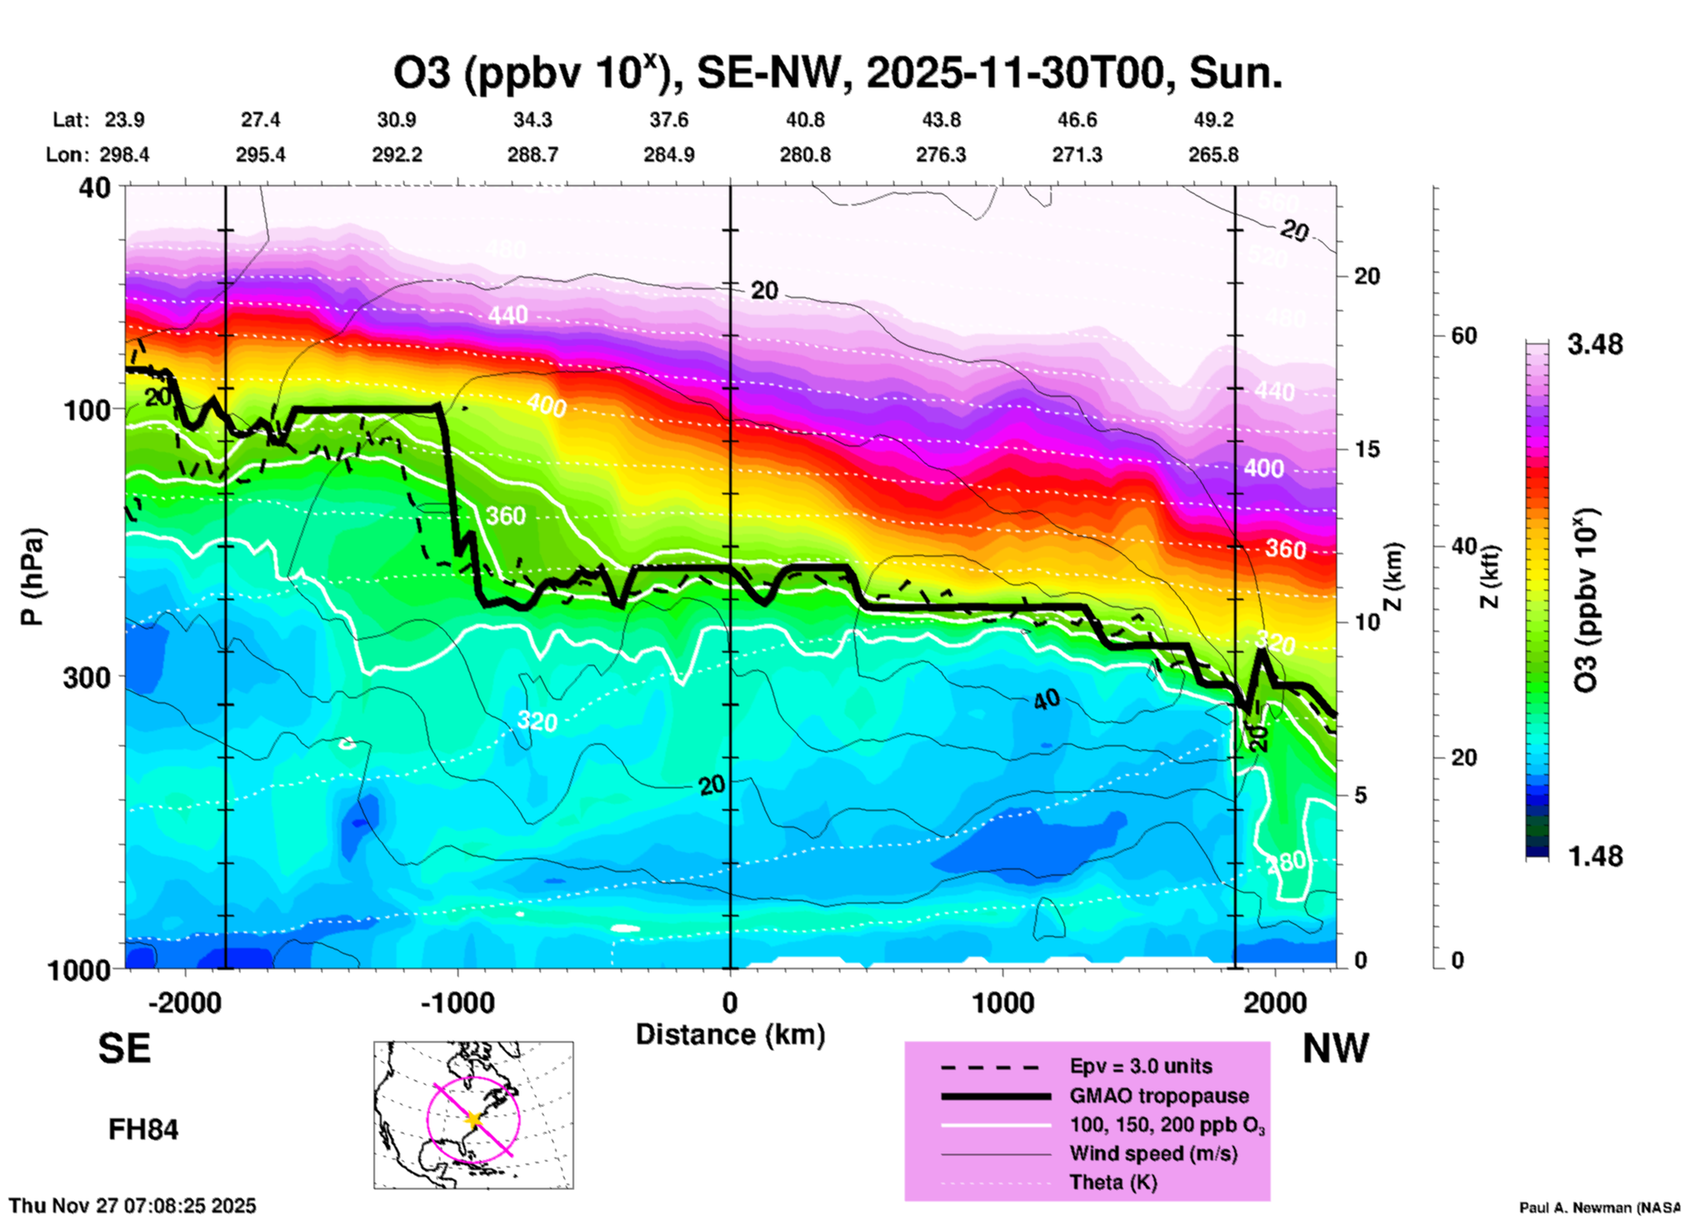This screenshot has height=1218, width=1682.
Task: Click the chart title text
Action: point(838,73)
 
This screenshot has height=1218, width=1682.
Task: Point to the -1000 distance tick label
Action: point(458,1002)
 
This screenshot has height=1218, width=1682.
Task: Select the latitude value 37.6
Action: point(669,120)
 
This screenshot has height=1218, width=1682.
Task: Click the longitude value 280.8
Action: point(804,155)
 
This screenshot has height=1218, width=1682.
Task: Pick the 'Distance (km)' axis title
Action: point(730,1035)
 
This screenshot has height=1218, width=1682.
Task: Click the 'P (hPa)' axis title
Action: point(32,577)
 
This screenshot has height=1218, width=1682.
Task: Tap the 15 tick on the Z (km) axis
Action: point(1368,449)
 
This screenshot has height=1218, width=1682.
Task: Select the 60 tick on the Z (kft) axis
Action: point(1464,336)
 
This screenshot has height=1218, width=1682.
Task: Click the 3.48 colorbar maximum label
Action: point(1595,345)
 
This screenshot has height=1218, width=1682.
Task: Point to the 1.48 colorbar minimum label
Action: point(1595,856)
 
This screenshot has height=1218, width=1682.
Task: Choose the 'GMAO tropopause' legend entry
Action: point(1159,1096)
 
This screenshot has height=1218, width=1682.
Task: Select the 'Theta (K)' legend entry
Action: point(1113,1182)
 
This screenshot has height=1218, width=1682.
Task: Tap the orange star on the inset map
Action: point(473,1118)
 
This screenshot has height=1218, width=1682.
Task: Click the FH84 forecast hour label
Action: point(143,1130)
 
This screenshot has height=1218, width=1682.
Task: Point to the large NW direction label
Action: point(1335,1048)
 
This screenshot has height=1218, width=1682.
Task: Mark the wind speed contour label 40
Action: point(1046,700)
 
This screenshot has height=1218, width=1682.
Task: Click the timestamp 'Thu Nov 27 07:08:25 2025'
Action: point(133,1206)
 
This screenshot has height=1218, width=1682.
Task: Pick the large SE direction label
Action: point(124,1048)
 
